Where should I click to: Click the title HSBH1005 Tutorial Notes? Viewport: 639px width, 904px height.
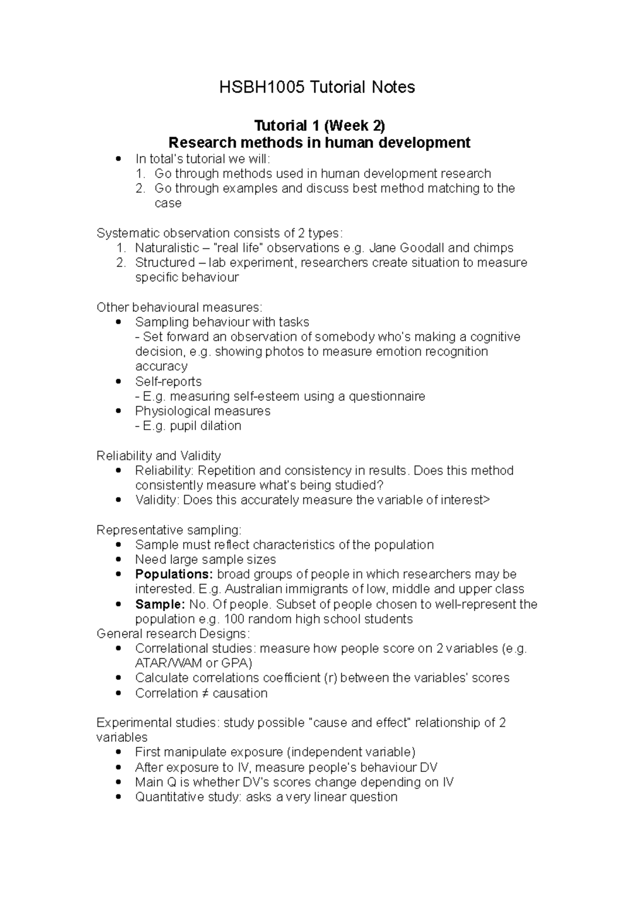[x=317, y=87]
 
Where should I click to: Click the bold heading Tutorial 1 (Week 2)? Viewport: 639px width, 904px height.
[x=319, y=126]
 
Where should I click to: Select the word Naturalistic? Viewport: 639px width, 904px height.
[x=165, y=248]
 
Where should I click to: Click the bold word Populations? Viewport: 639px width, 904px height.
[x=174, y=574]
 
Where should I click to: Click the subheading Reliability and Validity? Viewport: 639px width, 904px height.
[x=158, y=456]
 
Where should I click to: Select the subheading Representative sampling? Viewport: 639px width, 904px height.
[x=169, y=530]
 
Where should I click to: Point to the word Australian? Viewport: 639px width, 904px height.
[x=255, y=589]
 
